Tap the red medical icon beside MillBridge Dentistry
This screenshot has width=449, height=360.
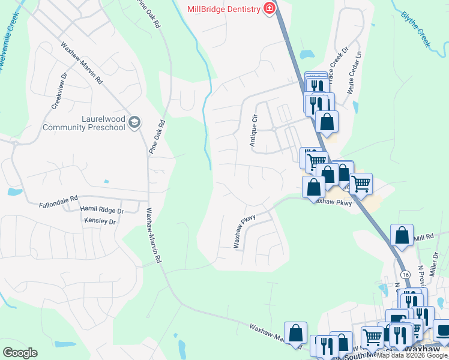[269, 8]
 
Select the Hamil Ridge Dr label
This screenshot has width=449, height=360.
[101, 210]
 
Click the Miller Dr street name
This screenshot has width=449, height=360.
[436, 263]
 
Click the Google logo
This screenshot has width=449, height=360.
[20, 352]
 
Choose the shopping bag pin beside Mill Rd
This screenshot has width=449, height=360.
[402, 235]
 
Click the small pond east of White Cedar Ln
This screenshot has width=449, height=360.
[356, 107]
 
